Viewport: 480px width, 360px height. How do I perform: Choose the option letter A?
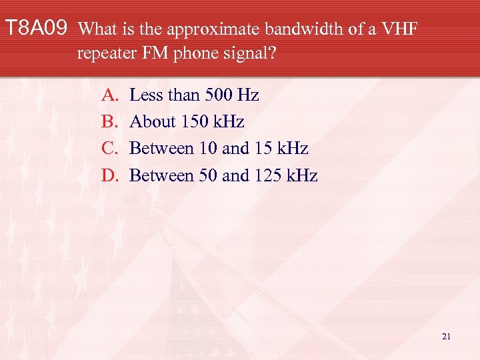click(109, 95)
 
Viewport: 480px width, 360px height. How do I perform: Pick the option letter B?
click(109, 122)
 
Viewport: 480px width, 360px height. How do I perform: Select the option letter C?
click(109, 149)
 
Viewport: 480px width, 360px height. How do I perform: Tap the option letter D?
click(109, 175)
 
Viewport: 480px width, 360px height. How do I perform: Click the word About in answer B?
click(150, 122)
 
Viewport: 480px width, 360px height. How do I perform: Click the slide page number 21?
click(446, 337)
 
